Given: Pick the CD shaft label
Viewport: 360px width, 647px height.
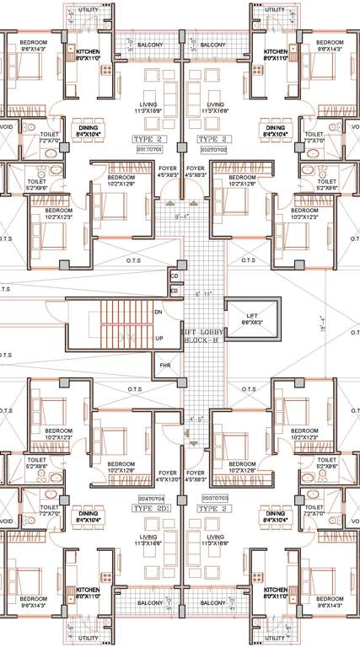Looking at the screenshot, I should point(175,275).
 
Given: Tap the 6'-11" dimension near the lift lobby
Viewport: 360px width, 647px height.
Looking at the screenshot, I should point(203,294).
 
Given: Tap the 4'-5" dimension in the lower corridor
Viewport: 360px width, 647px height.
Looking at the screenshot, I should point(196,419).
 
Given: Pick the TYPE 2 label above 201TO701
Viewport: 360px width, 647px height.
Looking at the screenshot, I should point(148,137).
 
